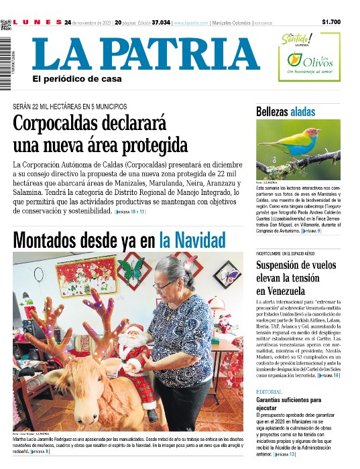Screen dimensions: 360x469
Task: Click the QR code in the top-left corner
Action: coord(6,25)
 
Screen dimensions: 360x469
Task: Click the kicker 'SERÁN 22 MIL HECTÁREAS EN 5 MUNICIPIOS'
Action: coord(70,107)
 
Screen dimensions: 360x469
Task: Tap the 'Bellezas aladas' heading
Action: coord(284,112)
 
